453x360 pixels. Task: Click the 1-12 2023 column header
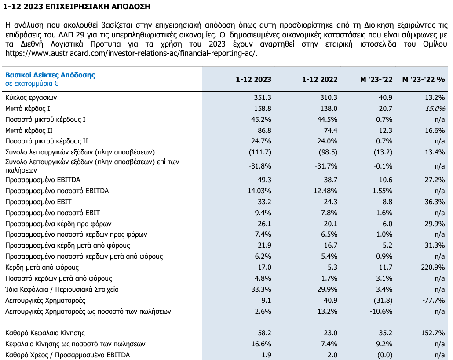(x=253, y=79)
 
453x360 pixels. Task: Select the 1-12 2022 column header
(x=320, y=79)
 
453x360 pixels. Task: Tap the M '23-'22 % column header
(x=424, y=79)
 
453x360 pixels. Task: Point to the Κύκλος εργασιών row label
(x=31, y=97)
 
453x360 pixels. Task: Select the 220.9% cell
(x=433, y=268)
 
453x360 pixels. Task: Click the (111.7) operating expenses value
(x=260, y=152)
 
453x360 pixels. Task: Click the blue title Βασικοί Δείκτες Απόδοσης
(x=50, y=75)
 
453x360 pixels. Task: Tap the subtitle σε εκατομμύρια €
(x=32, y=83)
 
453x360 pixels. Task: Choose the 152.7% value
(x=433, y=333)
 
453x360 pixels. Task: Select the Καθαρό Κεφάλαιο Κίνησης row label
(x=45, y=333)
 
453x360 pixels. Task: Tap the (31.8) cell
(x=383, y=301)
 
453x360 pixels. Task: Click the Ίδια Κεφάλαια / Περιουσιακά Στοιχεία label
(x=62, y=290)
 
